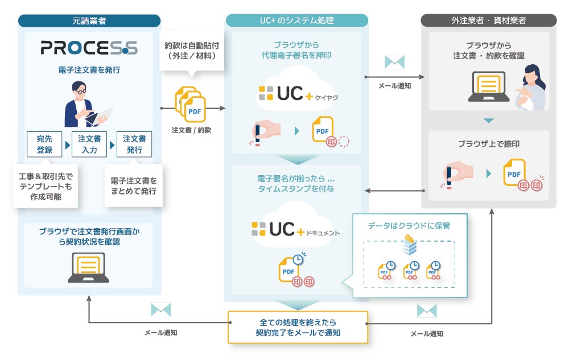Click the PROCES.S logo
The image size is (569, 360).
(89, 48)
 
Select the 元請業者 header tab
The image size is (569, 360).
(89, 21)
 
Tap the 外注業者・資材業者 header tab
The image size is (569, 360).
(488, 21)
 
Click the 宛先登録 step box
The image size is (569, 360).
(44, 144)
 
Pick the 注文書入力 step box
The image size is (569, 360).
(89, 144)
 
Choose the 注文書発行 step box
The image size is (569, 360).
(134, 144)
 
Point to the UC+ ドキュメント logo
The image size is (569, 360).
(296, 230)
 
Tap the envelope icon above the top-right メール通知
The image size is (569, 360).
(394, 62)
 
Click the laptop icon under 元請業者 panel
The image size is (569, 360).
(88, 267)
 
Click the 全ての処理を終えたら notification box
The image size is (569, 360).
(298, 327)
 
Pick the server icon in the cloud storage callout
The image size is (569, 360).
(410, 245)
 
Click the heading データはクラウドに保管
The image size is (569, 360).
(409, 225)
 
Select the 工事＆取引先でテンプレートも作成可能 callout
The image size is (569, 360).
(46, 184)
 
